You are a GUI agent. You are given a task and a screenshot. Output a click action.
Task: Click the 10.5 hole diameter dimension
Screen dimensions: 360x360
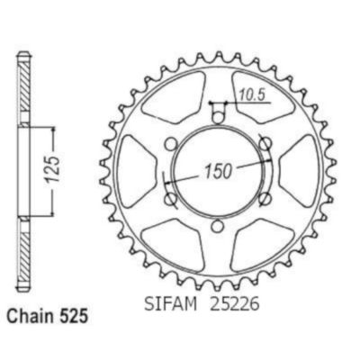[252, 95]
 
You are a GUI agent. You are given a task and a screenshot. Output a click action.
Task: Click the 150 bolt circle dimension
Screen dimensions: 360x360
[219, 171]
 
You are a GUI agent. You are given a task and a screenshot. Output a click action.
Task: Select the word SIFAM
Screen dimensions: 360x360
[170, 304]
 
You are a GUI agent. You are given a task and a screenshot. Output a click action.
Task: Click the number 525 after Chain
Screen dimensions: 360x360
[73, 317]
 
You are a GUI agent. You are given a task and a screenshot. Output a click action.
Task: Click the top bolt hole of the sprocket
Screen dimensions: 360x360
[218, 118]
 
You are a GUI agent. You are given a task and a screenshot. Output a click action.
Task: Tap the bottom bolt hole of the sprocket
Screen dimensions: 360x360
[217, 226]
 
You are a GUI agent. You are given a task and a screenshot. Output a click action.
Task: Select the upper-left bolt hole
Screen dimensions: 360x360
[171, 145]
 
